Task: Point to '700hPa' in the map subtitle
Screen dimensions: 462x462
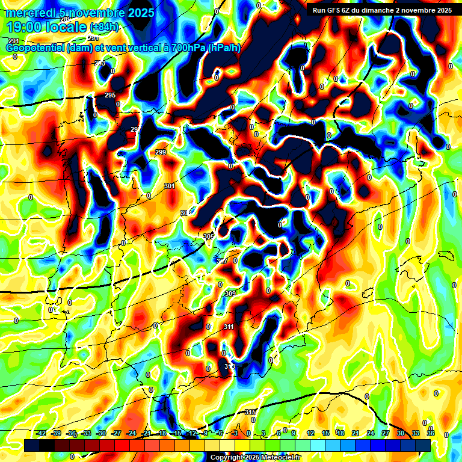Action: (x=187, y=48)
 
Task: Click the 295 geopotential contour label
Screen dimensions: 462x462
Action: (x=110, y=95)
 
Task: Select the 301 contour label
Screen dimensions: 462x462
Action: (x=170, y=186)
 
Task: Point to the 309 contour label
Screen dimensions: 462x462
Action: (x=230, y=294)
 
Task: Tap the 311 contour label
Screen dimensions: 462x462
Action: (x=229, y=327)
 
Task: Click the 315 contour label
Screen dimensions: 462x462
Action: (x=250, y=412)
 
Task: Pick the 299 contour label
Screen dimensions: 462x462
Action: (x=161, y=152)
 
